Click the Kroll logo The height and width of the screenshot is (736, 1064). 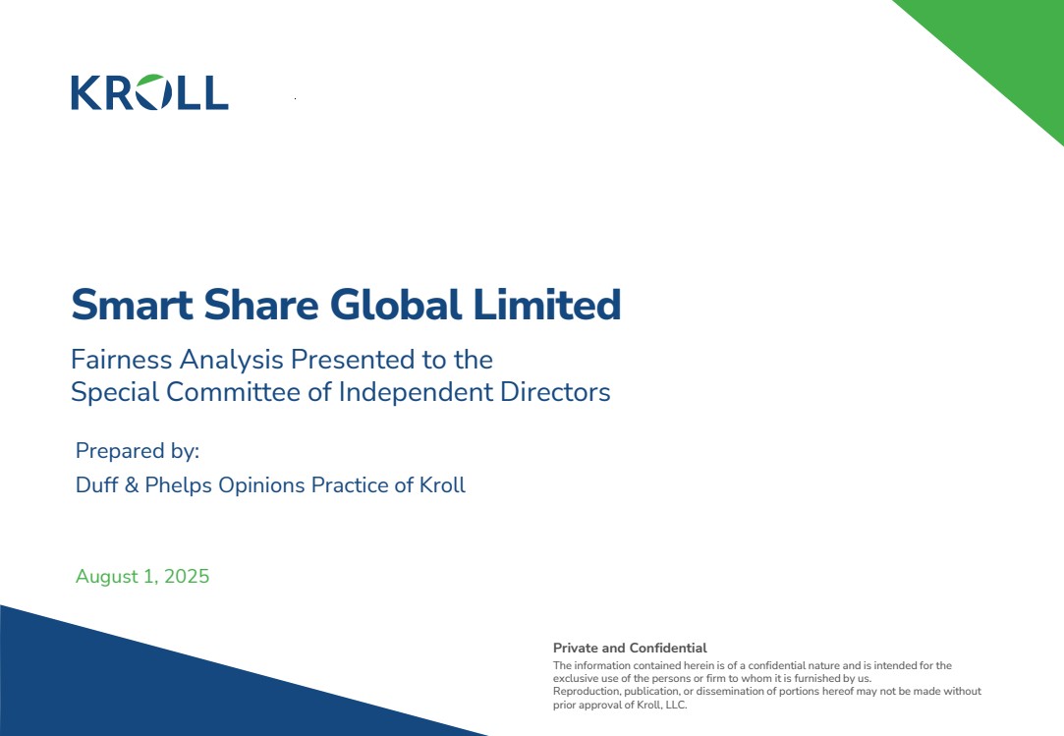tap(149, 91)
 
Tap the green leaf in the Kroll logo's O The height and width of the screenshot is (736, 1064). tap(151, 82)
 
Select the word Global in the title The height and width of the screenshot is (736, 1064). tap(396, 304)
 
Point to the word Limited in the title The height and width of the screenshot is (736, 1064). tap(547, 304)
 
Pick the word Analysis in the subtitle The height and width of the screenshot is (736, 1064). tap(231, 361)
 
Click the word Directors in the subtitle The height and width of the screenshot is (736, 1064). tap(555, 392)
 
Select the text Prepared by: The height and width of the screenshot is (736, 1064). tap(138, 451)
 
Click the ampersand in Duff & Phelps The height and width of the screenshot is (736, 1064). tap(132, 484)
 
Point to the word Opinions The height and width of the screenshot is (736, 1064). tap(261, 485)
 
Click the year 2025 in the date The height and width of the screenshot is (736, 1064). tap(187, 576)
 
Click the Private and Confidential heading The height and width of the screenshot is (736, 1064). tap(630, 648)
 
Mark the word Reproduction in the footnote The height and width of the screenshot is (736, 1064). tap(586, 691)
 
